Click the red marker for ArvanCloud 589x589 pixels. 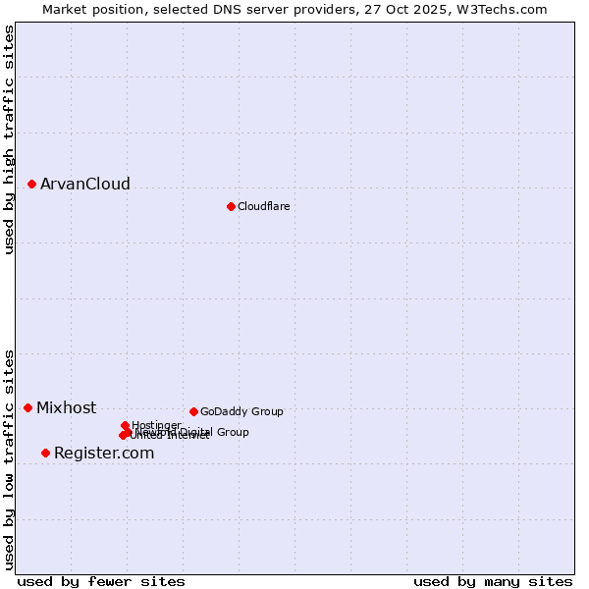pos(31,184)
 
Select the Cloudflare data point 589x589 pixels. pos(231,206)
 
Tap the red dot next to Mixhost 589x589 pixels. pos(27,407)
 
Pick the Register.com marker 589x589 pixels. pos(45,453)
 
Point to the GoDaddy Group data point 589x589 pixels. pos(193,411)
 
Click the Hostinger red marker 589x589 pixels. pos(125,425)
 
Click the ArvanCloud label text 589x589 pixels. pos(85,185)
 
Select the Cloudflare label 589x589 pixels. pos(263,206)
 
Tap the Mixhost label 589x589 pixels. pos(67,408)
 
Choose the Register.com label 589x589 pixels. pos(104,454)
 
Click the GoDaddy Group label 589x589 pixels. pos(241,412)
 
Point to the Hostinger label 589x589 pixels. pos(156,425)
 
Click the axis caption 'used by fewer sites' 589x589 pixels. pos(101,581)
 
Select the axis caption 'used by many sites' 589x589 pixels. pos(493,581)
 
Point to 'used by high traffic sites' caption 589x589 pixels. pos(9,139)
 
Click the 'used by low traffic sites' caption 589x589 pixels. pos(9,458)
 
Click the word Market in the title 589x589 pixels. pos(66,9)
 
